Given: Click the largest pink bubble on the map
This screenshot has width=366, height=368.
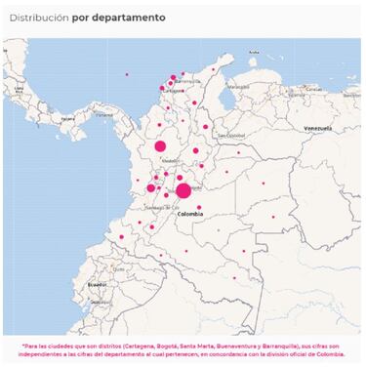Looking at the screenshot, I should [x=183, y=189].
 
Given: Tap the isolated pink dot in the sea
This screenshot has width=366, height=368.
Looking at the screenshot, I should [x=126, y=74].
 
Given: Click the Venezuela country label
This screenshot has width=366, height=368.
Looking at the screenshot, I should [x=317, y=128].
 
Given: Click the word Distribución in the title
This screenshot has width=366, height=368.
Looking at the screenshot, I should [x=39, y=18].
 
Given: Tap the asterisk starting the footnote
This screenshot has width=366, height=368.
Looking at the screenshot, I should [x=21, y=346].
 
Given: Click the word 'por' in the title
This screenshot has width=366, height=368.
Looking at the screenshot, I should [x=80, y=18].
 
